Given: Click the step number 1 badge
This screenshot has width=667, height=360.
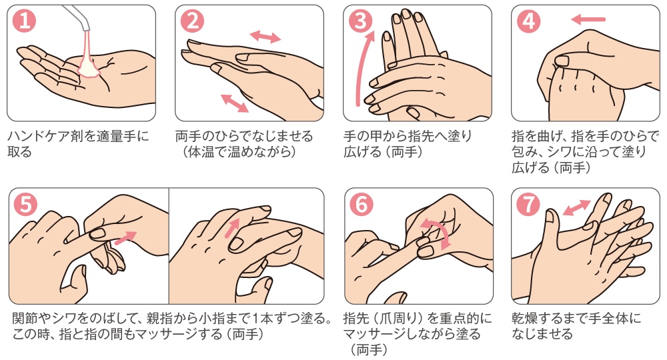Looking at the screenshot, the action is [x=25, y=21].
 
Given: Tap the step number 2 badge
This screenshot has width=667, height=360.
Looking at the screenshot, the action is [x=192, y=21].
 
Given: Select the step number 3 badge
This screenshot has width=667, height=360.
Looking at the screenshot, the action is [x=360, y=21].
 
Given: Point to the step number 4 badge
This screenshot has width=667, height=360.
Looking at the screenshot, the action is [x=528, y=21].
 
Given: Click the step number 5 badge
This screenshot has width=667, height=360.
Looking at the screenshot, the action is [x=25, y=204].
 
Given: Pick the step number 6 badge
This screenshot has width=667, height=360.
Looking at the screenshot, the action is [x=361, y=204].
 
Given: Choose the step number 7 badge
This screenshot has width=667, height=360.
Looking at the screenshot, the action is [x=528, y=204].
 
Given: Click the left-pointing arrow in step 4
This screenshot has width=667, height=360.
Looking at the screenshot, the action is [x=588, y=19].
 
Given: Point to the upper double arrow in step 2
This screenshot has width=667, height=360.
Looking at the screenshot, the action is [x=265, y=37].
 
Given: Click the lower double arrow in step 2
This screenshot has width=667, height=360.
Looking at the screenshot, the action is [x=235, y=103].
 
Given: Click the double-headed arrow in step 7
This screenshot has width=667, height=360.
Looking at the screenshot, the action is [x=576, y=208].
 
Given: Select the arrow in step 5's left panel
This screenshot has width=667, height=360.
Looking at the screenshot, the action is [x=126, y=238].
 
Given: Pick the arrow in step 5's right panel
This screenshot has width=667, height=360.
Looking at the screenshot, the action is [x=233, y=227].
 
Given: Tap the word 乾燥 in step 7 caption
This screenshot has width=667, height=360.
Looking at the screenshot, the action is [x=525, y=319].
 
